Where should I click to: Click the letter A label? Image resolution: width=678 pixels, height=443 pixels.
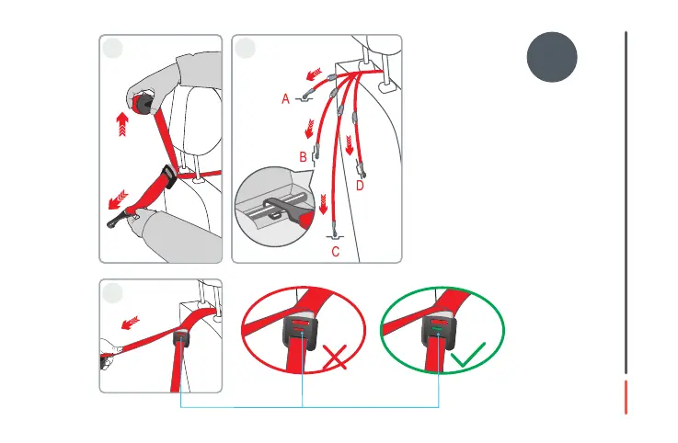(285, 98)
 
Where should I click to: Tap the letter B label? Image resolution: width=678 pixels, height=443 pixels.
(304, 157)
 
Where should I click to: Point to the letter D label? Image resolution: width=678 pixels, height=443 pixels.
(360, 186)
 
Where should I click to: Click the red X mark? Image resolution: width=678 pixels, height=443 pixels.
(336, 358)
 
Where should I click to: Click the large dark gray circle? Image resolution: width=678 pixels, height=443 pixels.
(552, 56)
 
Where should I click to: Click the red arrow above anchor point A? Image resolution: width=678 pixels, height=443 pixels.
(316, 74)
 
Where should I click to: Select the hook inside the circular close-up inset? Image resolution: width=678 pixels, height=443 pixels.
(276, 203)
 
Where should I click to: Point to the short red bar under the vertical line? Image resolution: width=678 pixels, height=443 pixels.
(626, 397)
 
